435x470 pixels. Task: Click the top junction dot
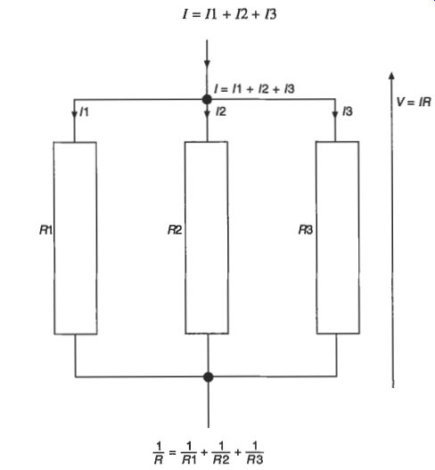point(207,99)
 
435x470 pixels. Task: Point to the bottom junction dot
point(209,376)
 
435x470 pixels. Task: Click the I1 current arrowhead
point(74,115)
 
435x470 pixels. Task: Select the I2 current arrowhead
point(207,114)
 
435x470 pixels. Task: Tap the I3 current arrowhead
point(335,114)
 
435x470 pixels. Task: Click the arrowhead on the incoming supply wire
point(207,64)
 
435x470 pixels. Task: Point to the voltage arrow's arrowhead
point(391,76)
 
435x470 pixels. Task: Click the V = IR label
point(414,102)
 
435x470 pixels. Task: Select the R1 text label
point(45,230)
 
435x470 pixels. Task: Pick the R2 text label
point(175,230)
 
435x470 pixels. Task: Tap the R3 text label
point(306,230)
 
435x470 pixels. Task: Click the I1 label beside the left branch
point(84,112)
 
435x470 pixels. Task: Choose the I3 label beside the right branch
point(348,111)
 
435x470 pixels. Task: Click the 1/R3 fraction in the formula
point(255,453)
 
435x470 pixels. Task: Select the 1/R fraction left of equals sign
point(159,454)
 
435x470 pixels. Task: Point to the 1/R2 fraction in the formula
point(221,453)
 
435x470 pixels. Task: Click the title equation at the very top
point(229,14)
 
